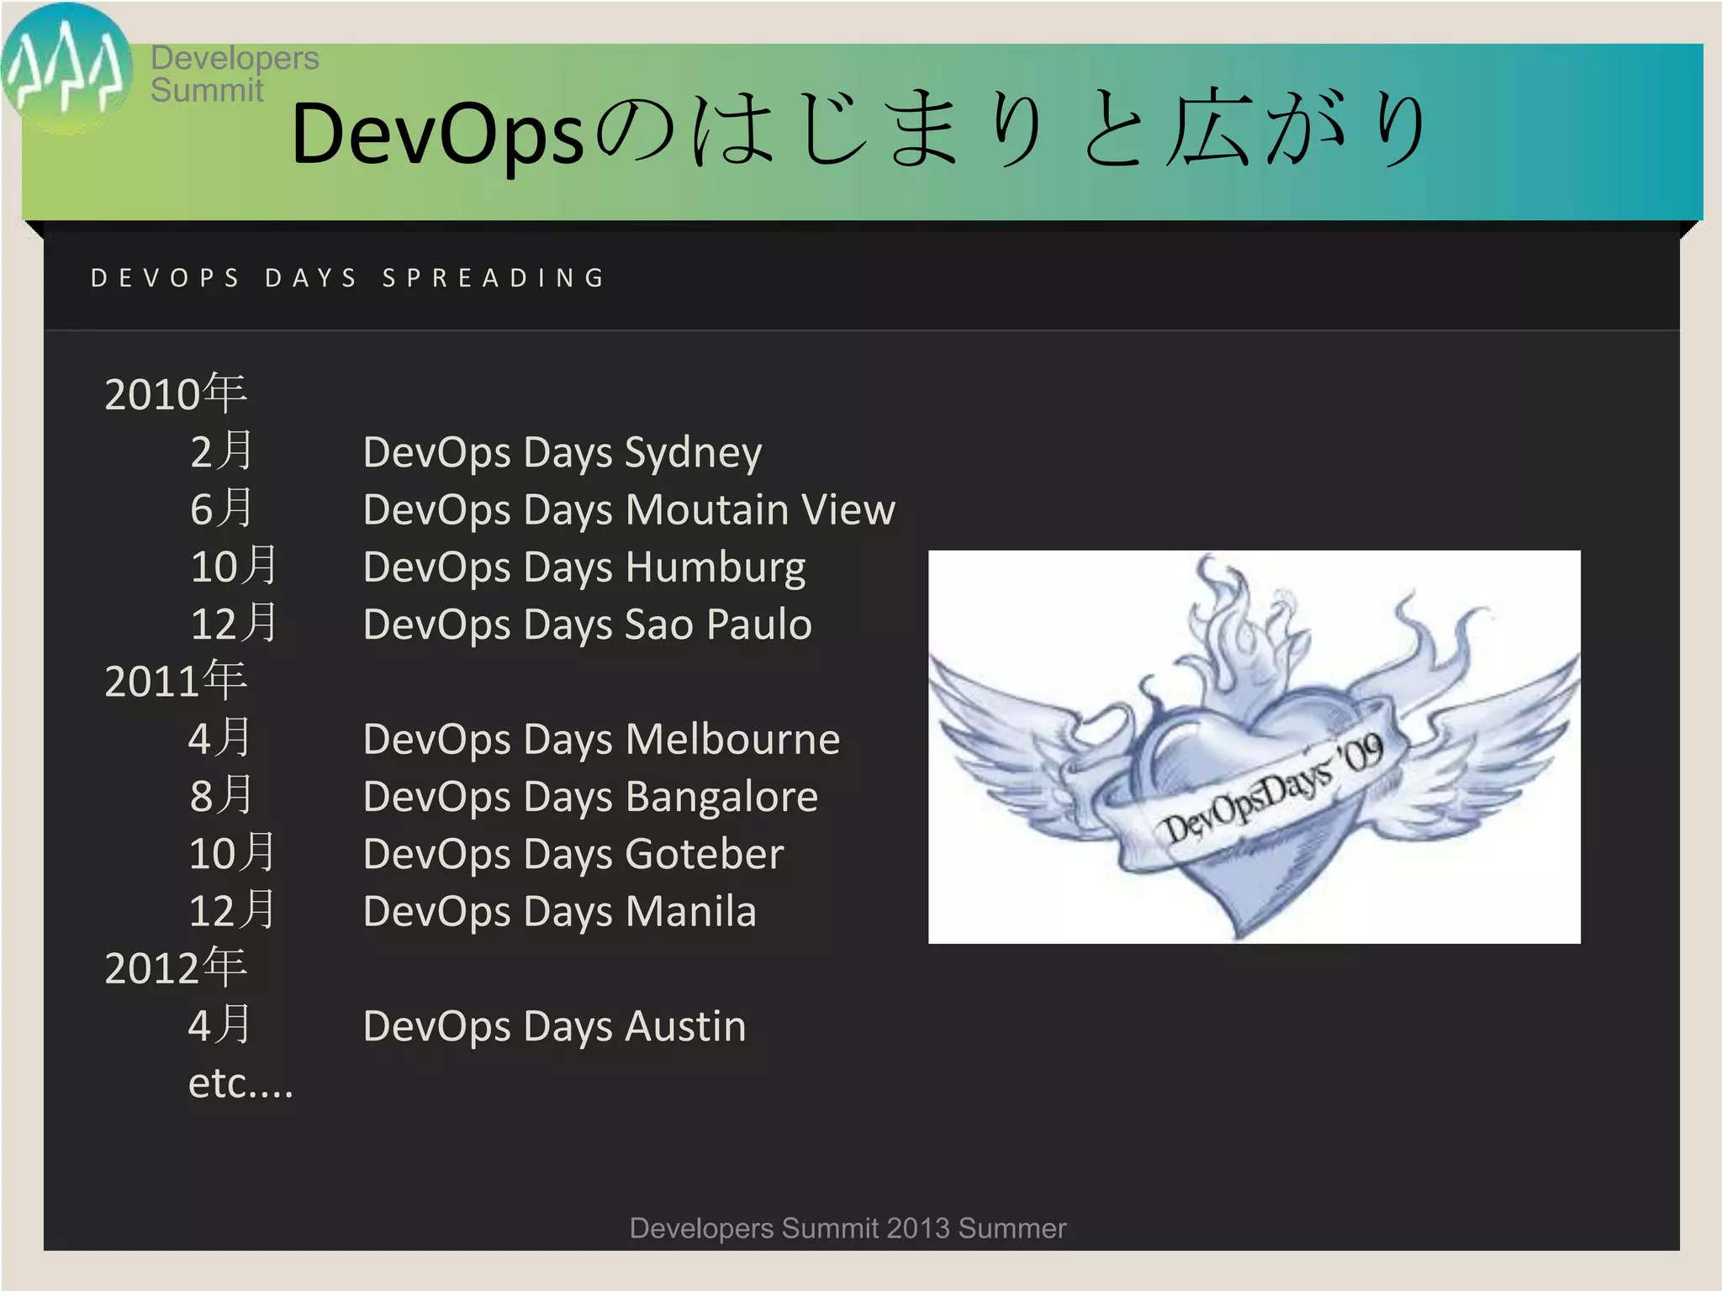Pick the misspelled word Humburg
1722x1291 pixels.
[716, 567]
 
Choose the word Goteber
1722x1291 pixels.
[705, 855]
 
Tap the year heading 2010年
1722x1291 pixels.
[175, 393]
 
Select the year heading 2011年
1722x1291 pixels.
[175, 681]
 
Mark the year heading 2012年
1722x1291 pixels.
[175, 968]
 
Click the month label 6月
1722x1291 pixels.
[221, 509]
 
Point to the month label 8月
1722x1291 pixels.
[221, 797]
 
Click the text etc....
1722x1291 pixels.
[240, 1084]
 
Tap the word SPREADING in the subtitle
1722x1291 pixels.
[494, 278]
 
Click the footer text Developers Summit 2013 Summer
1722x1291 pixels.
[848, 1229]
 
